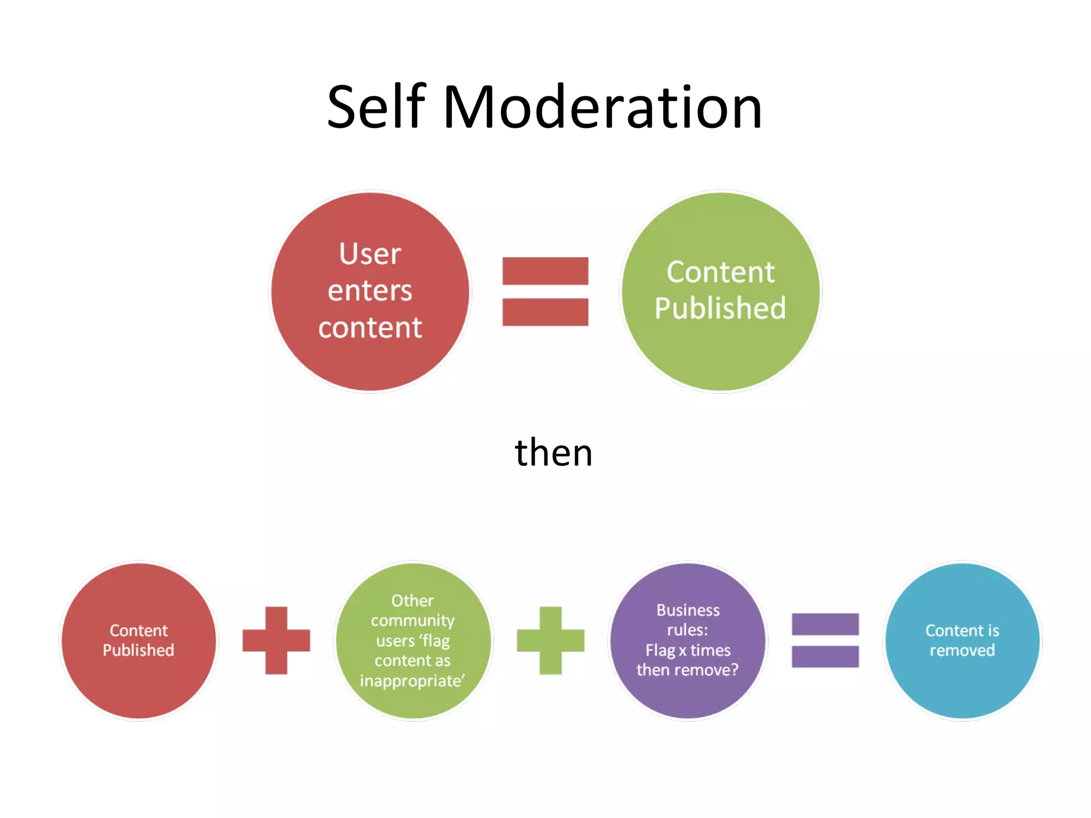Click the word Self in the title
click(x=376, y=108)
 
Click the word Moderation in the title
click(x=602, y=108)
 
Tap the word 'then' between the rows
click(x=553, y=453)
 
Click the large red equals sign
click(x=545, y=291)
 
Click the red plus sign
click(x=276, y=640)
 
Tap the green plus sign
click(x=550, y=640)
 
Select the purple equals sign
click(x=825, y=640)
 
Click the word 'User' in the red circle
click(x=370, y=254)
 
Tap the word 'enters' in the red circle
click(x=370, y=291)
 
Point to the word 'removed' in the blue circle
click(x=962, y=650)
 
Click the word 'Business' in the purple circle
click(x=688, y=610)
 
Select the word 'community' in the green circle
click(x=413, y=621)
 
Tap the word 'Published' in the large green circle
click(x=720, y=308)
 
